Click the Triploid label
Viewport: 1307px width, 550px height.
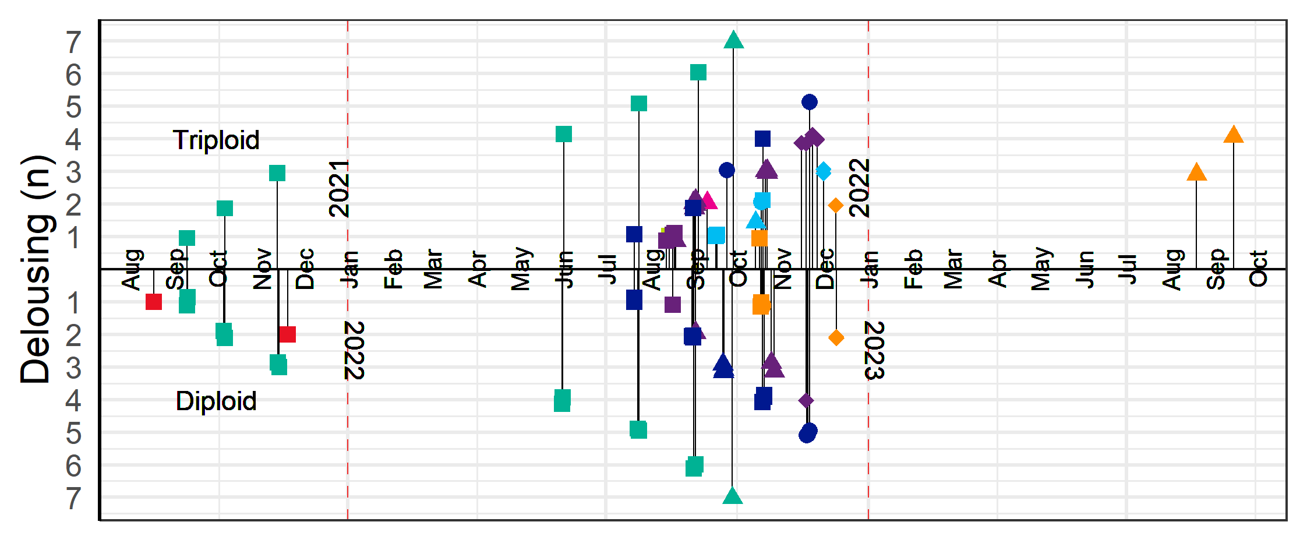[216, 140]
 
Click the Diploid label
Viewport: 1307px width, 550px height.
[216, 401]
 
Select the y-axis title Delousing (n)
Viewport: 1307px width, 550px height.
[36, 269]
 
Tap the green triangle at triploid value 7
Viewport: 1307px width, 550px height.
[733, 40]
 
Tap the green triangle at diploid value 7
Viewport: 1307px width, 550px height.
[732, 496]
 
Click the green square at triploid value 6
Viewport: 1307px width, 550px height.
[698, 72]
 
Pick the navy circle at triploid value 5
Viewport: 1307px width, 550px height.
[809, 102]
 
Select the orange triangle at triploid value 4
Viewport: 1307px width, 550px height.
[1233, 135]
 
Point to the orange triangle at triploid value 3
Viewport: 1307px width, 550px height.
[1196, 172]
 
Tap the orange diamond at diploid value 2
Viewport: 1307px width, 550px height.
[836, 337]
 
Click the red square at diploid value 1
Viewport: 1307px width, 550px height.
[153, 302]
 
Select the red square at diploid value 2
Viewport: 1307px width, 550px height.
[287, 334]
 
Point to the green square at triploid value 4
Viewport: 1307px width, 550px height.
[563, 134]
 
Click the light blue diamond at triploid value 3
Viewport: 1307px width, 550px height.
[823, 171]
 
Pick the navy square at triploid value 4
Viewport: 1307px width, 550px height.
[762, 139]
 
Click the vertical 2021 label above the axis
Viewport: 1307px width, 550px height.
[339, 189]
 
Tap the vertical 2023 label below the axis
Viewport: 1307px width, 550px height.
[875, 350]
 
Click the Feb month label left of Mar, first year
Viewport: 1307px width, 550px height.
[394, 269]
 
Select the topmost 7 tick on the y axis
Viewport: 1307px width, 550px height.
[73, 42]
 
